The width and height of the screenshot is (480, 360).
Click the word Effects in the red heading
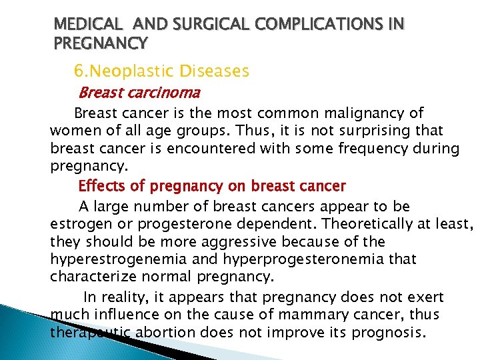point(100,186)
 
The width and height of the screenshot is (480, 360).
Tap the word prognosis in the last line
point(387,331)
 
